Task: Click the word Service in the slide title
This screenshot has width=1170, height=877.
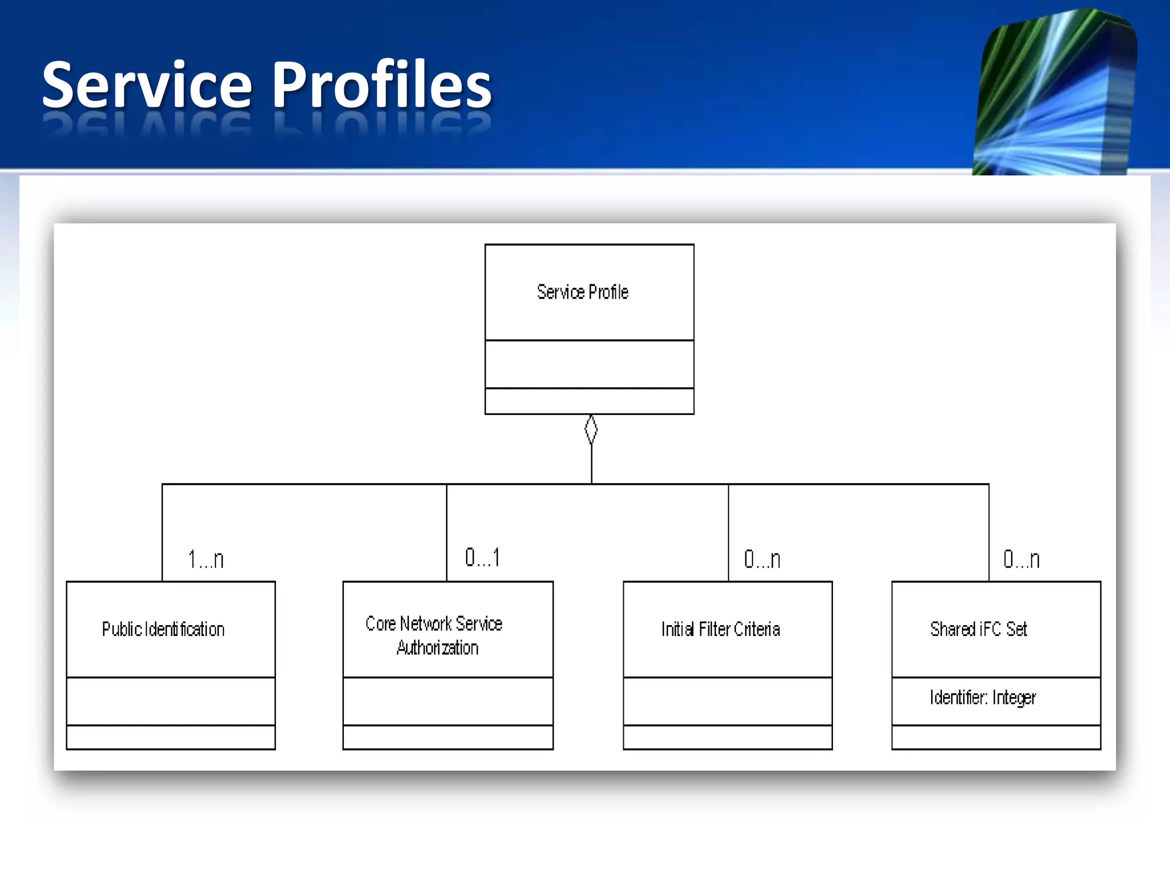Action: tap(147, 86)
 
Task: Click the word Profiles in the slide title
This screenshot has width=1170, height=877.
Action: tap(381, 86)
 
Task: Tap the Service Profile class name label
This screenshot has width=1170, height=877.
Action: tap(582, 292)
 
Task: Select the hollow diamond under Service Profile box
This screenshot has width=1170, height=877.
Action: tap(591, 429)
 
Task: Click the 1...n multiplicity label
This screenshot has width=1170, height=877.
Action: tap(206, 559)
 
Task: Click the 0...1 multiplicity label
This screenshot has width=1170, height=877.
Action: tap(483, 557)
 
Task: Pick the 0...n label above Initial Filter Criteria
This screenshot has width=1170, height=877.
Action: tap(762, 559)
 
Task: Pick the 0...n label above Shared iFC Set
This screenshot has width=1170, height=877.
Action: tap(1021, 559)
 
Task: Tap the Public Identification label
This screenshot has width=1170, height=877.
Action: tap(163, 629)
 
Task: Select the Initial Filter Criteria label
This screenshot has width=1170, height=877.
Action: tap(720, 629)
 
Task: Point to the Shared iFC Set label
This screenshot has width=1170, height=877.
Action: tap(978, 629)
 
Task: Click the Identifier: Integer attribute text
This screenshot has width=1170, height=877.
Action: tap(983, 698)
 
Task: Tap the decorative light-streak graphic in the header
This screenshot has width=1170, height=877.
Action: tap(1055, 94)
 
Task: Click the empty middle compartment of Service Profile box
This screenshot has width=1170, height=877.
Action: tap(589, 364)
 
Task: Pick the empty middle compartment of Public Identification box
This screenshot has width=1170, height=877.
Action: tap(171, 701)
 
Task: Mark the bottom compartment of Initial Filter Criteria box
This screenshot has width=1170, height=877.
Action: tap(727, 737)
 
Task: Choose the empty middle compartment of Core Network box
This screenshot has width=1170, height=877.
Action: tap(448, 701)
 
